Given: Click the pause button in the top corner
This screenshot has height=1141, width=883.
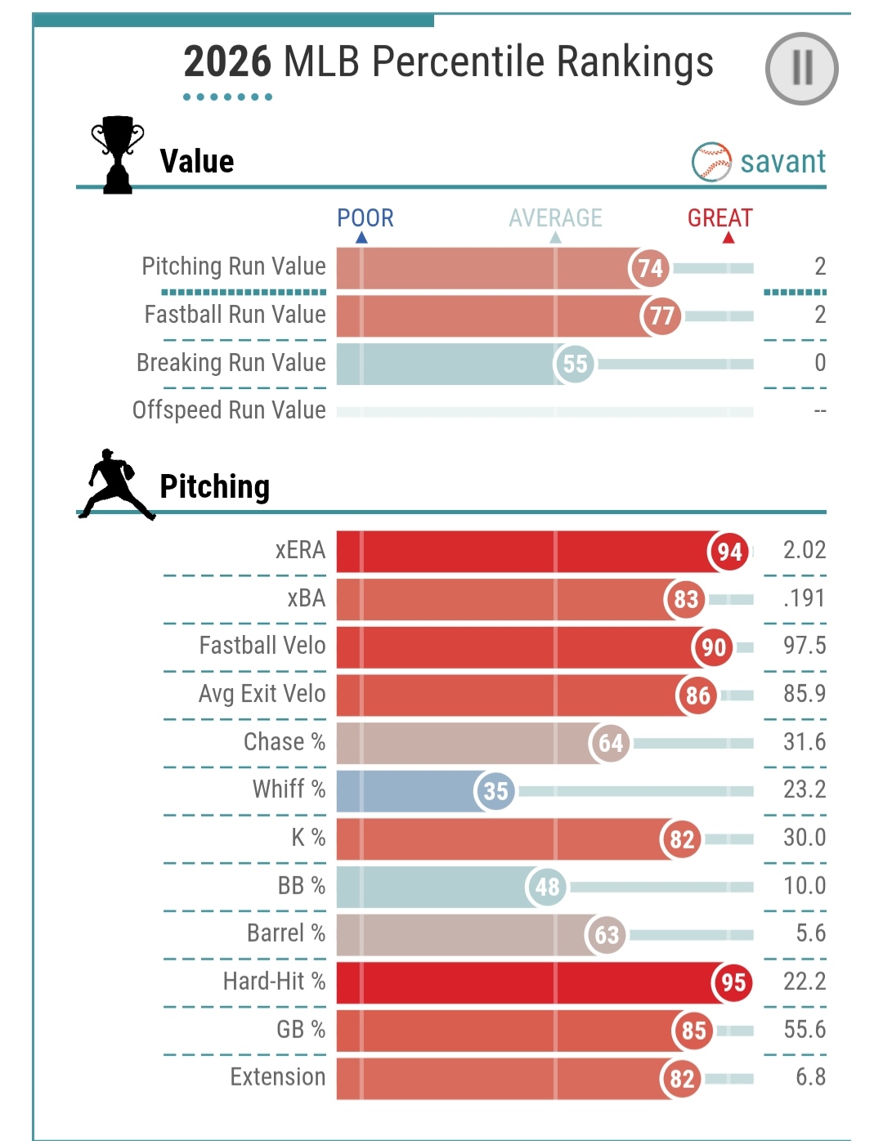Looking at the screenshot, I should coord(801,69).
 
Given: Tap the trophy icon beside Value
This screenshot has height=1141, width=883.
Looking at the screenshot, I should coord(118,154).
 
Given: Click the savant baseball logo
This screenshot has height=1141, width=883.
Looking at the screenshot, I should coord(711,162).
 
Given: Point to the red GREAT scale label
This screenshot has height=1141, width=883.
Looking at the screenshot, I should coord(719,218).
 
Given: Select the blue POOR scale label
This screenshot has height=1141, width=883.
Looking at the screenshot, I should coord(365,218).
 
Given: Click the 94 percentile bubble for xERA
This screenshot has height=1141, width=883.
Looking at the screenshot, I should coord(729,552).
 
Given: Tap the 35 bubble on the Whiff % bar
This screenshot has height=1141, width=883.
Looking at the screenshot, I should coord(495,791).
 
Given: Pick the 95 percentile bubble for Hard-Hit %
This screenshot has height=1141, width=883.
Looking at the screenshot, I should coord(733,982).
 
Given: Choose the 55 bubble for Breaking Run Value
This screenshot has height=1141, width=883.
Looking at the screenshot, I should coord(575,364).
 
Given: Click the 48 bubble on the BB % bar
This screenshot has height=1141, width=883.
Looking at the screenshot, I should coord(547,887).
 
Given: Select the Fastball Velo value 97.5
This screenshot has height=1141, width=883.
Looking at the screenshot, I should coord(805,646).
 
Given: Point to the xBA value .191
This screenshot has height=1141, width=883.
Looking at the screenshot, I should coord(805,598).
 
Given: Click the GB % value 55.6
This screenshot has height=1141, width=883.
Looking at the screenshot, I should coord(805,1029).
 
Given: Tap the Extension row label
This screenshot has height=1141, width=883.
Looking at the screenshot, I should coord(278,1077).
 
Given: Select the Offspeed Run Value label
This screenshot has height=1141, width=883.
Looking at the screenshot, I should coord(230,410).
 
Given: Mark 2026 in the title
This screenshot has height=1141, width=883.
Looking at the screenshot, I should coord(227,62).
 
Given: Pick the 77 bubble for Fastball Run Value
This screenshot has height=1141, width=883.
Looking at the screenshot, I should coord(661,315).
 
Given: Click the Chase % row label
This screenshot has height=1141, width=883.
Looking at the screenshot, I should coord(285,742).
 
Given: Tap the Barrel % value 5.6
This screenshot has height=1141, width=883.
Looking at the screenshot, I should coord(810,933).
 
